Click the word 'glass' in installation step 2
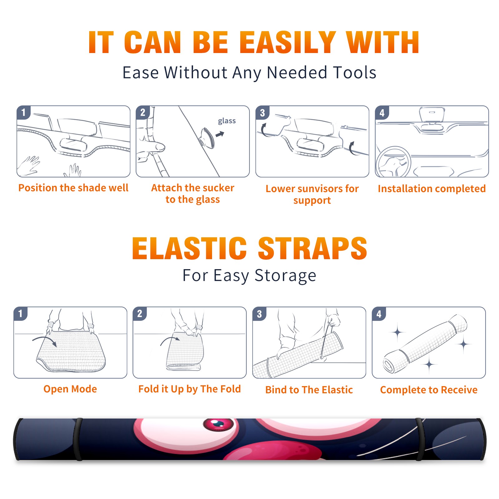point(227,121)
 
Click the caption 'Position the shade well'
point(73,188)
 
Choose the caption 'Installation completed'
point(432,188)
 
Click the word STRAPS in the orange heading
point(312,248)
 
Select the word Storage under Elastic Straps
point(285,276)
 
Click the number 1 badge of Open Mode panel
point(21,314)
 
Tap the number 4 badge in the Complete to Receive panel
point(379,314)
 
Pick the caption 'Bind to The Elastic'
point(309,390)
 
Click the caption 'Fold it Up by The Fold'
point(190,389)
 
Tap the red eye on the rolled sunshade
point(218,424)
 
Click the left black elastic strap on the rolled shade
point(78,439)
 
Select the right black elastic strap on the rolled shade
point(420,439)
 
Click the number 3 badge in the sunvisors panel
point(263,113)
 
